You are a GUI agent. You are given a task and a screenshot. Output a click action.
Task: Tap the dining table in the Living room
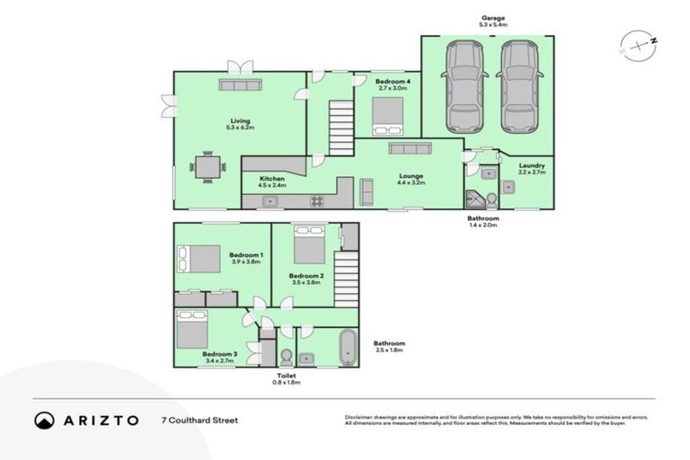pyautogui.click(x=208, y=166)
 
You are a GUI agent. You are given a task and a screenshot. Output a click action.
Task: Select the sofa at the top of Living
pyautogui.click(x=240, y=84)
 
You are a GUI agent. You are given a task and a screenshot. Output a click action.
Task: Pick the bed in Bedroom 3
pyautogui.click(x=193, y=330)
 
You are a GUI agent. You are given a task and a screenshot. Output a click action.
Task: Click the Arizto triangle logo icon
pyautogui.click(x=45, y=420)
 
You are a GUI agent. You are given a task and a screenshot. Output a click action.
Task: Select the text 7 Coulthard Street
pyautogui.click(x=199, y=420)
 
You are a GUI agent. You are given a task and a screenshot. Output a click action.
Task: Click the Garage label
pyautogui.click(x=492, y=17)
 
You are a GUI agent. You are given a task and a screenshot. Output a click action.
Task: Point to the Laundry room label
pyautogui.click(x=532, y=165)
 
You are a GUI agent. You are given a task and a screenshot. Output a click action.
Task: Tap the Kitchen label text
pyautogui.click(x=272, y=179)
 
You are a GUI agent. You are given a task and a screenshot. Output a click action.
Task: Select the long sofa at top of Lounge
pyautogui.click(x=410, y=148)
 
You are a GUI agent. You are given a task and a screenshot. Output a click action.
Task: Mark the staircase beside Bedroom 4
pyautogui.click(x=340, y=126)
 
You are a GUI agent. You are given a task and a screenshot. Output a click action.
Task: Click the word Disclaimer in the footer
pyautogui.click(x=359, y=417)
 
